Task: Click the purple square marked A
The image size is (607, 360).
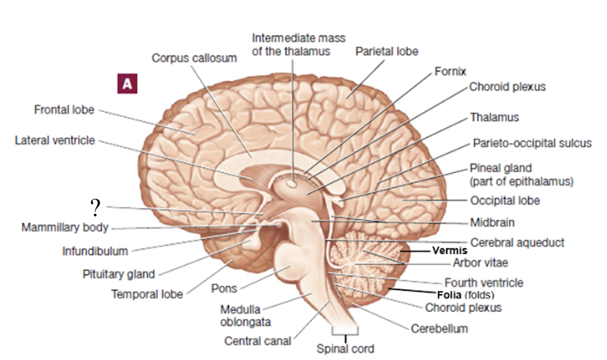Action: click(x=128, y=84)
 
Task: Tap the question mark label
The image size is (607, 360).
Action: click(x=96, y=206)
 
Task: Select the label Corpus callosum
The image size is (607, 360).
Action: click(x=194, y=58)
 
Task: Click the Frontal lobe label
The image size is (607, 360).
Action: click(x=64, y=110)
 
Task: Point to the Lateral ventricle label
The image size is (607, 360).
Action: click(x=55, y=140)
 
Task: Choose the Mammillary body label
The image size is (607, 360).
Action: click(x=65, y=227)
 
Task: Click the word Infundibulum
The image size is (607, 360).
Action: click(x=95, y=251)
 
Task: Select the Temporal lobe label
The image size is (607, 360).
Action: click(x=147, y=294)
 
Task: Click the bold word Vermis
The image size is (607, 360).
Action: click(x=450, y=251)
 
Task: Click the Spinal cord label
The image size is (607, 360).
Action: click(x=345, y=349)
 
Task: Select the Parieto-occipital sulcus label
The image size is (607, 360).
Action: click(x=532, y=143)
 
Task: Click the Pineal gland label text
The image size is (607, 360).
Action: click(x=500, y=168)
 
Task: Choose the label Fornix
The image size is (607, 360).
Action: click(x=450, y=72)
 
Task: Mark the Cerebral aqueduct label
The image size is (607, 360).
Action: click(x=517, y=242)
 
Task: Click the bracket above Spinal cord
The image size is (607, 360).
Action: click(x=345, y=333)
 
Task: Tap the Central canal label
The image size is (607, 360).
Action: click(x=257, y=341)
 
